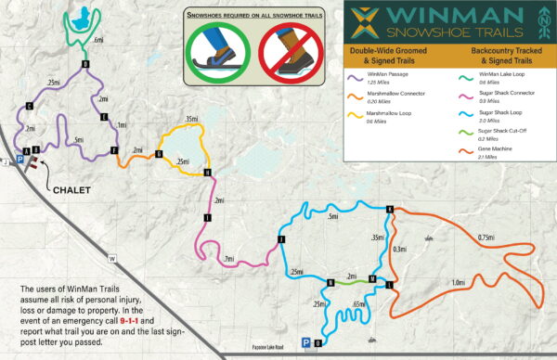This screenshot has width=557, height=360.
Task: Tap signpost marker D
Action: tap(85, 64)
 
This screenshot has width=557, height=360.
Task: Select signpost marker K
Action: tap(390, 209)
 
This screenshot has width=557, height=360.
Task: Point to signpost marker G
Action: tap(159, 153)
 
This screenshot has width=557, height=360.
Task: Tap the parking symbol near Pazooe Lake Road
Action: tap(306, 343)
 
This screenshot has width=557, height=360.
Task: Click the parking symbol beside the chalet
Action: tap(19, 159)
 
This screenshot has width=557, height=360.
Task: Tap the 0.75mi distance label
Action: tap(486, 237)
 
